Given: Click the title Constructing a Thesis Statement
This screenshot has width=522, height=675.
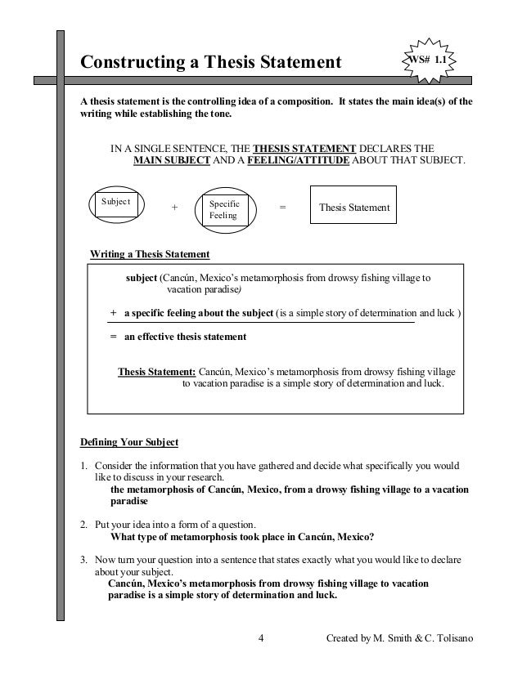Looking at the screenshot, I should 209,62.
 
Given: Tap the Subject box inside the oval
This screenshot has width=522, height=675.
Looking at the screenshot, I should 116,204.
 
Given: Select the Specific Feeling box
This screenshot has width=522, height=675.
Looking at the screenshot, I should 223,209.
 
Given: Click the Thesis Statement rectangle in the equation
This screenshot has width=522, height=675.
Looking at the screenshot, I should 353,208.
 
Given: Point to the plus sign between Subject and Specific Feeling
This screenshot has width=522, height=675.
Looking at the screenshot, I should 173,208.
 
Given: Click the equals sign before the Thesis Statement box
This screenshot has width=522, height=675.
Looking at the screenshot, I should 283,208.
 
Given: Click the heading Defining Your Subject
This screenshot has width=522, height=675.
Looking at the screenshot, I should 128,443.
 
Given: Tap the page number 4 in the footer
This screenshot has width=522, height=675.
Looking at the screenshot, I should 259,637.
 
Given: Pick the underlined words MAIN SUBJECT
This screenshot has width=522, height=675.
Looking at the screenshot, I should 171,161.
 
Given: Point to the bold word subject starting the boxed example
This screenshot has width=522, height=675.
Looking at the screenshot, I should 141,277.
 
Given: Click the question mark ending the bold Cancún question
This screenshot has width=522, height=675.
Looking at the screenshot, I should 372,537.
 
